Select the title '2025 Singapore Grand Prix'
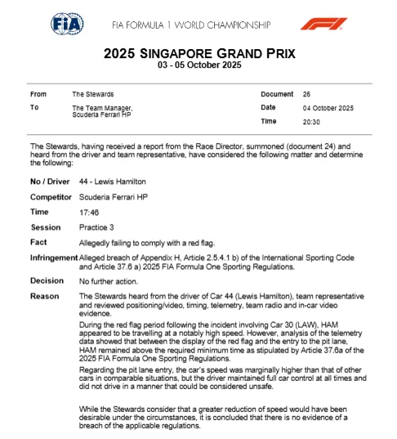(x=199, y=54)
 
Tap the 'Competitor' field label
(x=51, y=196)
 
